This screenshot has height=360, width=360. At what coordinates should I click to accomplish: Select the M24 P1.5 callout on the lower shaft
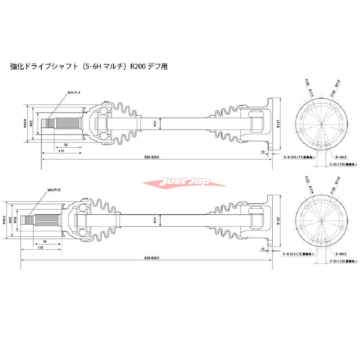point(54,191)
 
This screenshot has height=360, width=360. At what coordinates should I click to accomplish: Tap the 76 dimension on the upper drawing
point(65,145)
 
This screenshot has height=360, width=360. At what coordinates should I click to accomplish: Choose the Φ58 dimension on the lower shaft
point(16,219)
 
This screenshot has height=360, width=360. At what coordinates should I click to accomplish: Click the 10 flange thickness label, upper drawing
point(262,152)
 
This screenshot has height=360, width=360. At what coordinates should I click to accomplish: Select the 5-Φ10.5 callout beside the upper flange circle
point(297,158)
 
